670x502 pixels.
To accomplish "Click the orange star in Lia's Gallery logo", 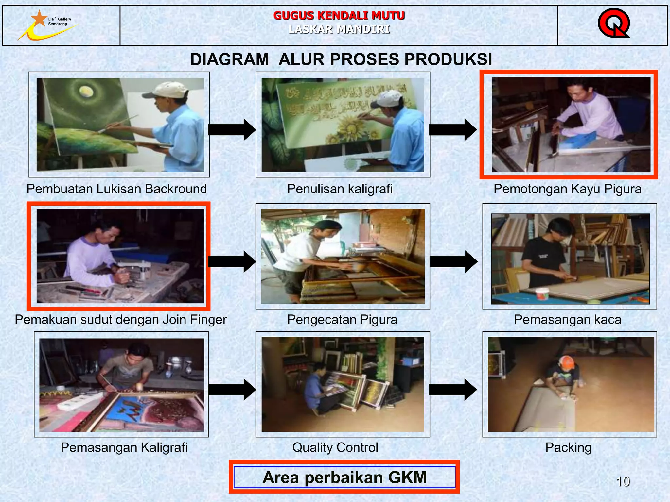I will pyautogui.click(x=40, y=18).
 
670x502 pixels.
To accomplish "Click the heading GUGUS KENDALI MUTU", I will pyautogui.click(x=339, y=15).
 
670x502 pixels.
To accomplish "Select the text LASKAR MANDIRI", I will pyautogui.click(x=339, y=29).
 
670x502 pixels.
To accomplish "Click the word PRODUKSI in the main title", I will pyautogui.click(x=448, y=59).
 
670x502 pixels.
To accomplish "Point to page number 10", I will pyautogui.click(x=623, y=481).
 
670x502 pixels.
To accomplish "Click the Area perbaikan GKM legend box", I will pyautogui.click(x=344, y=477).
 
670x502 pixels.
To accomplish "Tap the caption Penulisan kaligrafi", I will pyautogui.click(x=340, y=189).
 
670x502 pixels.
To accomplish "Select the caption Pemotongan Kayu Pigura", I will pyautogui.click(x=567, y=189).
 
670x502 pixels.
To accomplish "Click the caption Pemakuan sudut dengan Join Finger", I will pyautogui.click(x=121, y=319).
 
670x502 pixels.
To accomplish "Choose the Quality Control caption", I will pyautogui.click(x=335, y=447).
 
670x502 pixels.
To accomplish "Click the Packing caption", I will pyautogui.click(x=568, y=447).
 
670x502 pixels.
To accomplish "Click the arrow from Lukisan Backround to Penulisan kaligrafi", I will pyautogui.click(x=232, y=130).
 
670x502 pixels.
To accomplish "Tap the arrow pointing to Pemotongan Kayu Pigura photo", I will pyautogui.click(x=452, y=130).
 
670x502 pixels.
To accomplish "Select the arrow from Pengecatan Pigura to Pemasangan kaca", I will pyautogui.click(x=453, y=261).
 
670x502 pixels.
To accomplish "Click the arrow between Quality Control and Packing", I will pyautogui.click(x=452, y=389).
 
